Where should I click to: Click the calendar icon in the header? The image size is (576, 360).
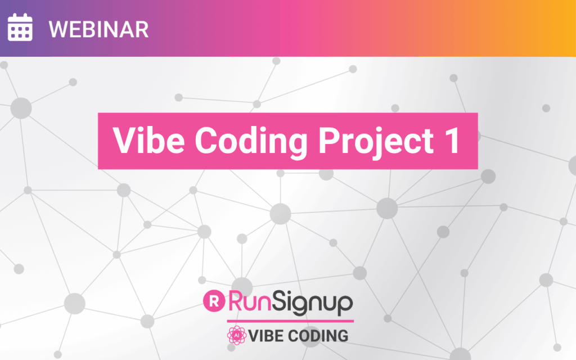click(x=20, y=27)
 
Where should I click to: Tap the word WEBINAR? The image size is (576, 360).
click(x=98, y=29)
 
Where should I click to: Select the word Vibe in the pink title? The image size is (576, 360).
click(x=148, y=140)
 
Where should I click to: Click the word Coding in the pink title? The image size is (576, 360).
click(x=251, y=142)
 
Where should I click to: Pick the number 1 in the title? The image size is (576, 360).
click(x=453, y=140)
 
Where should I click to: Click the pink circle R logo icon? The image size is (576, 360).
click(x=214, y=301)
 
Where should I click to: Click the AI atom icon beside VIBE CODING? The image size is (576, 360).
click(x=237, y=335)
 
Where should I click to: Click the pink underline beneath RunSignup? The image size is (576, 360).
click(x=290, y=321)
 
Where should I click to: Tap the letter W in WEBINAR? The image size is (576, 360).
click(x=57, y=29)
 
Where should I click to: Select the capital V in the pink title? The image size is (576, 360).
click(x=125, y=140)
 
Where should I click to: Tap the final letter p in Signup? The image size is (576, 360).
click(x=345, y=305)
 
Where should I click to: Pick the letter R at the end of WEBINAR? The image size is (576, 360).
click(x=141, y=29)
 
